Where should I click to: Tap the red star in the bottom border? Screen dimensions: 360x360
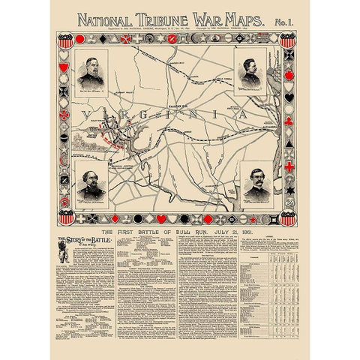click(x=253, y=219)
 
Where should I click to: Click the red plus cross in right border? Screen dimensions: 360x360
click(x=289, y=166)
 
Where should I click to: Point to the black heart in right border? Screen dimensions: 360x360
click(x=289, y=97)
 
